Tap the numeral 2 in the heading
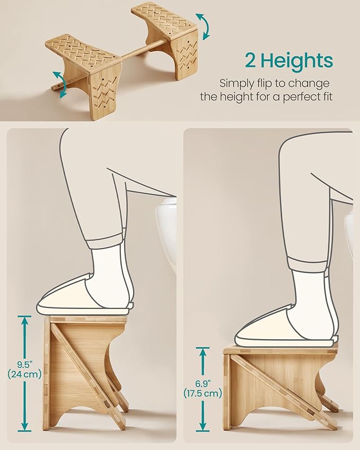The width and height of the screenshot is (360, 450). (x=251, y=60)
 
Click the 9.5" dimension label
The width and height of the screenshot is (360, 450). (x=24, y=365)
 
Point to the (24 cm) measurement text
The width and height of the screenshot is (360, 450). (x=25, y=374)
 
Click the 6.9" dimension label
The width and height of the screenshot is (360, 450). (x=203, y=383)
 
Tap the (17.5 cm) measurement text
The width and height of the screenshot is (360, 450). (x=203, y=393)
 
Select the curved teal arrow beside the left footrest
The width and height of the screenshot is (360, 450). (x=60, y=84)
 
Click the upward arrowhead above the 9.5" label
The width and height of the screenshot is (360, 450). (x=25, y=321)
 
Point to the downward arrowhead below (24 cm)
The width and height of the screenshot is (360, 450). (x=25, y=426)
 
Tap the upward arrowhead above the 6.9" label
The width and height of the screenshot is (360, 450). (x=203, y=352)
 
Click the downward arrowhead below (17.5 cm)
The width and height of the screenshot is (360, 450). (x=203, y=426)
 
